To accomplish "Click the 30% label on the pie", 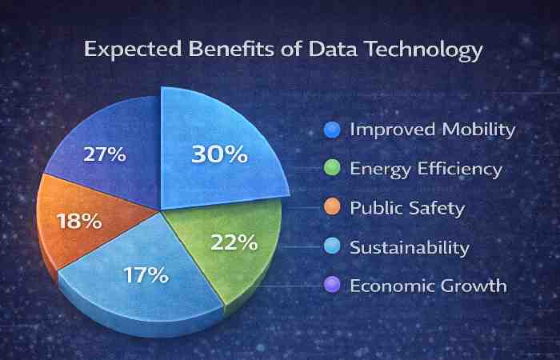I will click(x=218, y=153).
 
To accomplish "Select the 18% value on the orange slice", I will click(x=78, y=220).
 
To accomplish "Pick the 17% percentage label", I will click(x=146, y=274).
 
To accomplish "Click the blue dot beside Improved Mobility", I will click(x=333, y=129).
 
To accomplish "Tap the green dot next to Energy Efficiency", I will click(x=333, y=168).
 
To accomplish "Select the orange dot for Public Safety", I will click(x=333, y=208).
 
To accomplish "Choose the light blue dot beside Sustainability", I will click(x=333, y=246).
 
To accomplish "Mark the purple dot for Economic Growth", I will click(x=333, y=286).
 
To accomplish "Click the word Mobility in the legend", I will click(x=477, y=129).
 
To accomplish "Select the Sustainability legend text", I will click(x=410, y=246).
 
